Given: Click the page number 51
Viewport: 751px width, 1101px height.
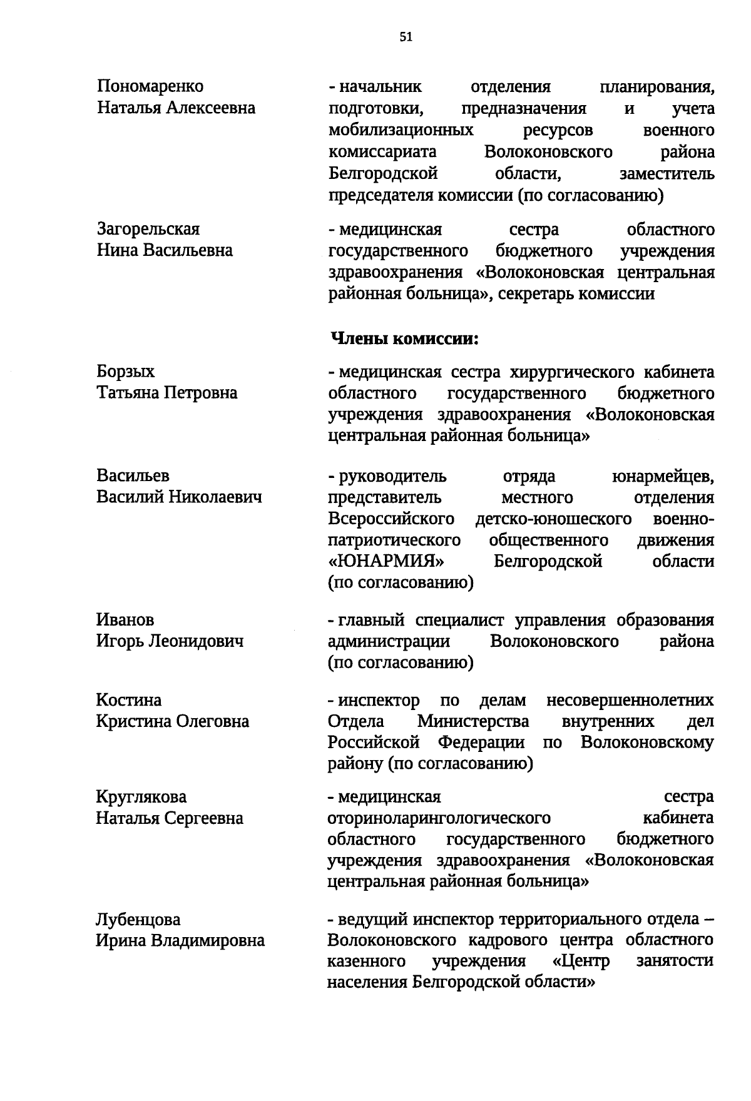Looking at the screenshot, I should (406, 37).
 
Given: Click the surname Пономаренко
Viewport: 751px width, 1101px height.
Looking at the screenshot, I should (150, 86).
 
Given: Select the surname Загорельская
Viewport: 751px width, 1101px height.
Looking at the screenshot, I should (148, 229).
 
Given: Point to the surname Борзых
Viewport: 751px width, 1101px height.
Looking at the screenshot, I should (125, 372).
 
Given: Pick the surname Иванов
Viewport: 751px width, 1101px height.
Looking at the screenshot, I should (125, 620).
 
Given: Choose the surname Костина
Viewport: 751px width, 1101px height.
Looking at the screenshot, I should (129, 700).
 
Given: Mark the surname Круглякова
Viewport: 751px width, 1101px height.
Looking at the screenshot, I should (141, 797).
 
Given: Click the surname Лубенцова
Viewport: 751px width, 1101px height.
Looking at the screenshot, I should (138, 920).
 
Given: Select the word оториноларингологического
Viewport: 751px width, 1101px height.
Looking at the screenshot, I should (439, 818).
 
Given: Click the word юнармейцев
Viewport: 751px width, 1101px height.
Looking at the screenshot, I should (662, 477).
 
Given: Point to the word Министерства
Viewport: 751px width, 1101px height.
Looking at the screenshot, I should (473, 722).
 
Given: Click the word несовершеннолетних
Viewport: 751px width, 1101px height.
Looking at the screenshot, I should (630, 700).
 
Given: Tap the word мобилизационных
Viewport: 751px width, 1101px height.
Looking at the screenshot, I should (401, 130).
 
